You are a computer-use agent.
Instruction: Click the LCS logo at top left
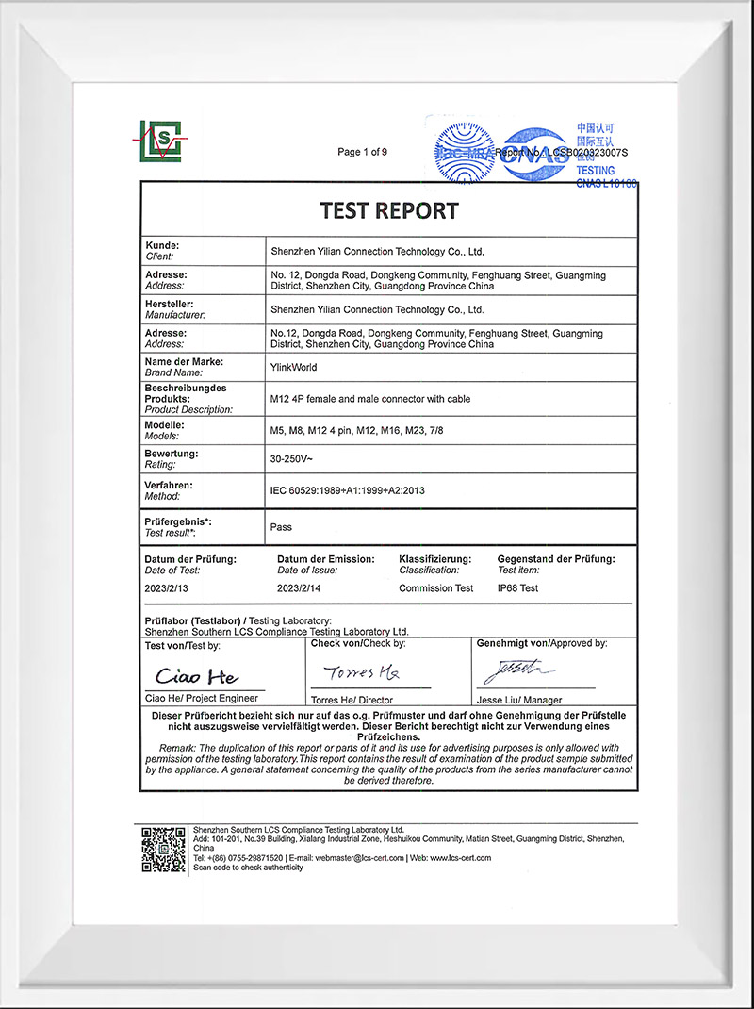(x=159, y=141)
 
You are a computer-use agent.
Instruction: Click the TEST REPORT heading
(x=389, y=210)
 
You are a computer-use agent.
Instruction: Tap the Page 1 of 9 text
(x=363, y=152)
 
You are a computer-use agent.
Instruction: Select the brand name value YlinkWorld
(x=294, y=368)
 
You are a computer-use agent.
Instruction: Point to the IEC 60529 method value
(x=353, y=490)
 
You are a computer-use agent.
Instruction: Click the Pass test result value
(x=281, y=527)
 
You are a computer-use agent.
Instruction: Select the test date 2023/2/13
(x=167, y=588)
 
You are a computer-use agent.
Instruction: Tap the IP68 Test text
(x=517, y=588)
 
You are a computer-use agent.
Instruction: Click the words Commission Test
(x=435, y=588)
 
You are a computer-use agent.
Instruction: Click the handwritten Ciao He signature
(x=197, y=677)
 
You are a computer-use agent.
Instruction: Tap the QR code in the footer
(x=163, y=849)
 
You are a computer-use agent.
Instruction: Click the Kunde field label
(x=162, y=245)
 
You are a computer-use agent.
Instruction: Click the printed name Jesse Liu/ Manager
(x=519, y=700)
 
